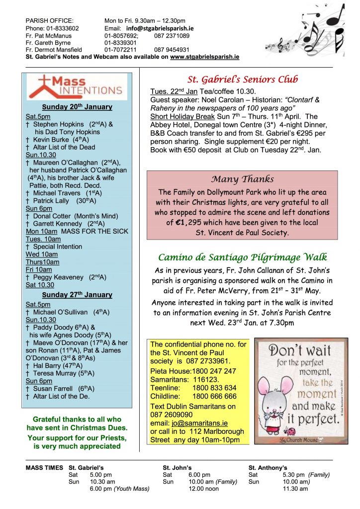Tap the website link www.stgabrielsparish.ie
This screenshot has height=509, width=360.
(204, 57)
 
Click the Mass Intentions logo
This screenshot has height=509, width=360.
(78, 86)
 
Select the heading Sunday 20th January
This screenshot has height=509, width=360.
(77, 107)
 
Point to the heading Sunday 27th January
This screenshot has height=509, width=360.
(77, 295)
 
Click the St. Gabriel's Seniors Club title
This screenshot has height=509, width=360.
(243, 79)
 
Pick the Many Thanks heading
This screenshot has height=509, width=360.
(242, 179)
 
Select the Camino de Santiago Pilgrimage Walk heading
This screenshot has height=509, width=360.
(242, 257)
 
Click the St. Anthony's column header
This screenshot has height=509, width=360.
(268, 468)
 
